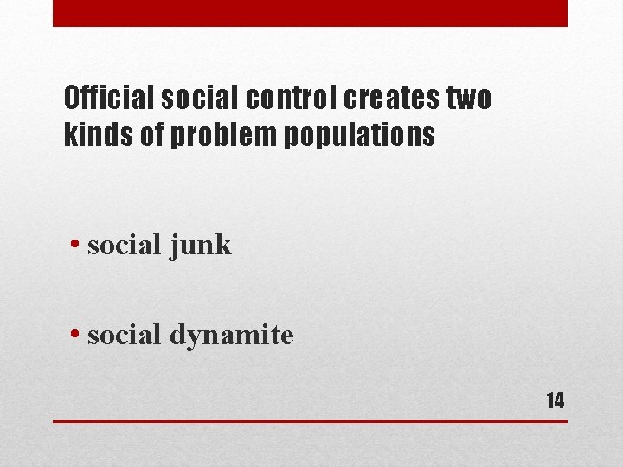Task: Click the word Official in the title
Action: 109,99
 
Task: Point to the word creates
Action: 392,99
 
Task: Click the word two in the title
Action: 470,99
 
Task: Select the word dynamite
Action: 231,335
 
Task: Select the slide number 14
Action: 555,400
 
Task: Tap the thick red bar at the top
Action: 310,13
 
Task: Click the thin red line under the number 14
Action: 310,421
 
